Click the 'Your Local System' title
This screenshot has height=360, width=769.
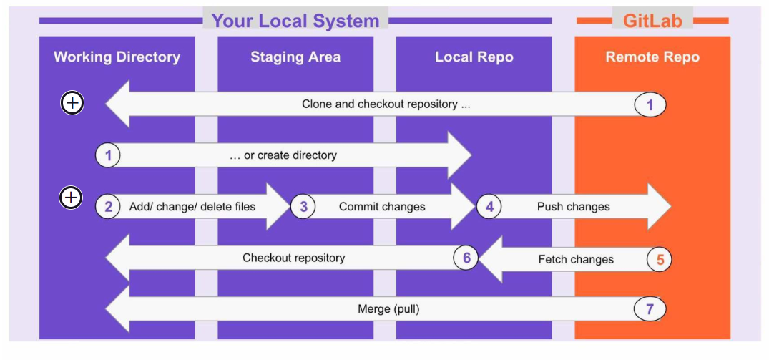(x=295, y=21)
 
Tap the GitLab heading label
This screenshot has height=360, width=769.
(x=652, y=20)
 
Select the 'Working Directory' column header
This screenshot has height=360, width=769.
(x=117, y=57)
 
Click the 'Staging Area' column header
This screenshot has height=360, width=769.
(x=295, y=57)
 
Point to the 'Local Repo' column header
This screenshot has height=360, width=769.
(x=474, y=57)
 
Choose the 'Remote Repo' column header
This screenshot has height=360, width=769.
(x=652, y=57)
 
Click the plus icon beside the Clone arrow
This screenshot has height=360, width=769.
(x=72, y=103)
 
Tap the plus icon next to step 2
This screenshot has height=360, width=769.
(x=71, y=197)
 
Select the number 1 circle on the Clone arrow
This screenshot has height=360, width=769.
(x=650, y=104)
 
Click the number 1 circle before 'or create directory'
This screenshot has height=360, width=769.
(x=108, y=155)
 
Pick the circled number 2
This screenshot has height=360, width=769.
(x=108, y=207)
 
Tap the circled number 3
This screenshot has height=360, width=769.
(x=303, y=207)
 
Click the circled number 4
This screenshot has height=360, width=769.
(x=489, y=207)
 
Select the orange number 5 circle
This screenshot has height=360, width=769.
(x=660, y=259)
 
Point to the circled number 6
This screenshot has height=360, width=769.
(x=466, y=258)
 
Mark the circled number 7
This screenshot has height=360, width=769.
(x=650, y=309)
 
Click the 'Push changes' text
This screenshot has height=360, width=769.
(x=573, y=207)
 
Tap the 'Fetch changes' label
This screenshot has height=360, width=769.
(x=576, y=259)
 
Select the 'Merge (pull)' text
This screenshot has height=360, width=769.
(x=388, y=309)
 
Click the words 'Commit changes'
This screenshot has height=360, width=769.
(x=382, y=207)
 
